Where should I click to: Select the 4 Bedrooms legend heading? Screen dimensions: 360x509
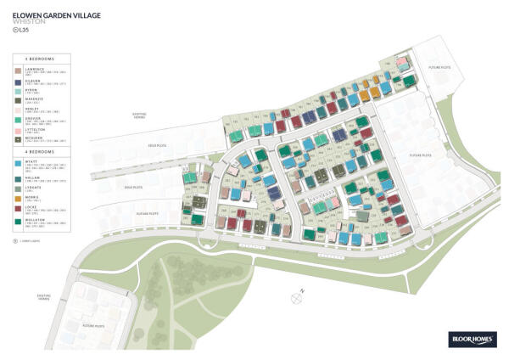point(42,152)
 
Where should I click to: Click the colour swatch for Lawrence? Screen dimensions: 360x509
point(19,70)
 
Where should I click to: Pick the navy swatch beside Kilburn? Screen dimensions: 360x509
point(19,83)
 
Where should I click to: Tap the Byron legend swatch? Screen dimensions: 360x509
point(19,93)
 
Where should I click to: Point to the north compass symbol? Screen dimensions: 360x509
point(296,297)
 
